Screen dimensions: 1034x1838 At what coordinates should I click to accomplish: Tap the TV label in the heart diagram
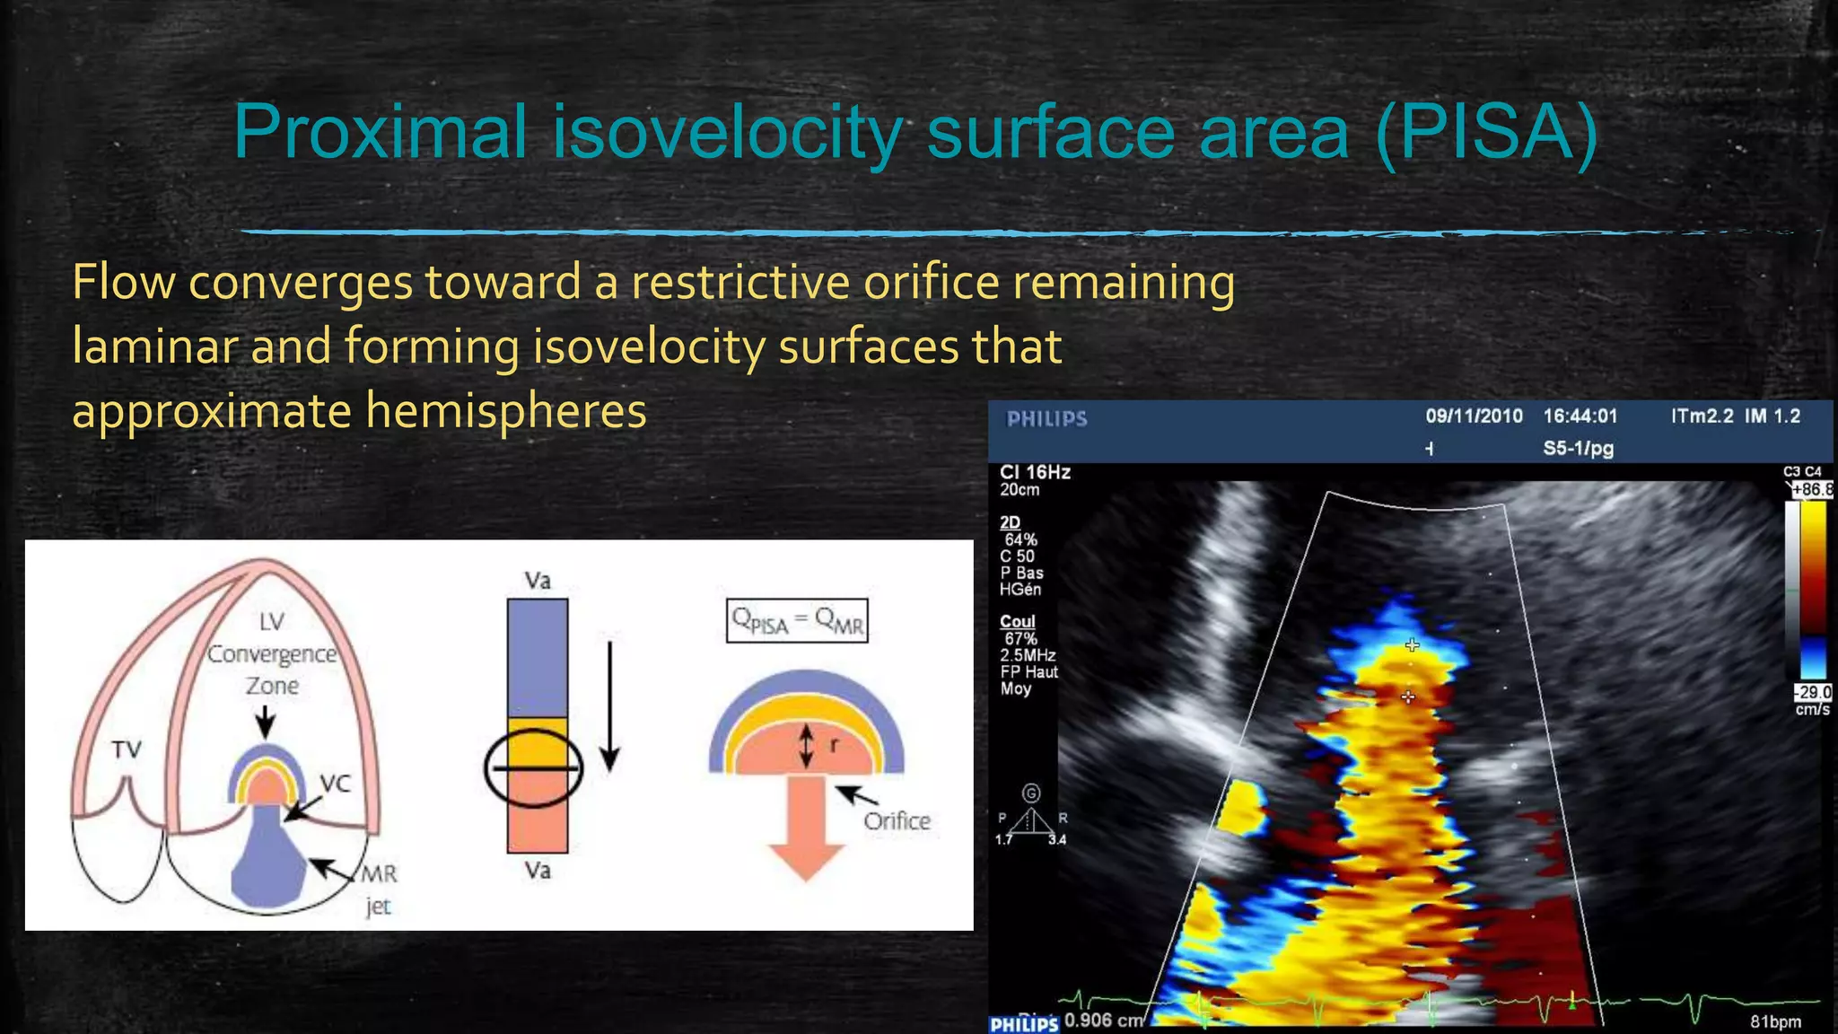click(127, 749)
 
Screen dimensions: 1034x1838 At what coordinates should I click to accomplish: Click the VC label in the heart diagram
click(335, 783)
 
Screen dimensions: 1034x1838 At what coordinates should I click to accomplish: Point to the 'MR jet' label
click(379, 889)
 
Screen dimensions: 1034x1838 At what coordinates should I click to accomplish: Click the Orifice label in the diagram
click(896, 820)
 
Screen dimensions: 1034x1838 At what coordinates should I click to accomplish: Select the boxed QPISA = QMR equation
click(797, 620)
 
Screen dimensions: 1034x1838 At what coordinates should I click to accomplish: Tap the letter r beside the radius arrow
click(834, 744)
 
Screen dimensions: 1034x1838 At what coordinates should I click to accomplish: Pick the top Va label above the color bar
click(537, 581)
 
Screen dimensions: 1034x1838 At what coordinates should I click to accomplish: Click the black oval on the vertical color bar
click(534, 768)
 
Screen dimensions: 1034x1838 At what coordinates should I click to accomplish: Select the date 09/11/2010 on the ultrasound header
click(1474, 416)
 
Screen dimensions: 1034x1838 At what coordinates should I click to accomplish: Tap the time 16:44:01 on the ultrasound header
click(1580, 416)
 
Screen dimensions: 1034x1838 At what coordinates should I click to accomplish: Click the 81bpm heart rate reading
click(1775, 1021)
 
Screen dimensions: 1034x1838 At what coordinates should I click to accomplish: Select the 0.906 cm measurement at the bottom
click(1103, 1021)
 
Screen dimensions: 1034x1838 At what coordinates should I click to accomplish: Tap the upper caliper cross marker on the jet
click(1412, 644)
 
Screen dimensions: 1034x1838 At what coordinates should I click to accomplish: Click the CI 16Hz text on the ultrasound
click(1035, 472)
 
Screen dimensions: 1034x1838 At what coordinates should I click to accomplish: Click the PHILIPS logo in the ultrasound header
click(1046, 419)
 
